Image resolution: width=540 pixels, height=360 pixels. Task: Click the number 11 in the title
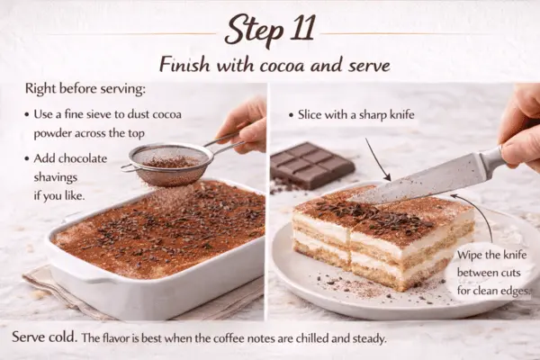click(x=297, y=31)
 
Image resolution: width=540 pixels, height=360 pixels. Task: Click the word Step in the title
click(x=251, y=31)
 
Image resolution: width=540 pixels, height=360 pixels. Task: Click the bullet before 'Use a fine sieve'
click(x=31, y=116)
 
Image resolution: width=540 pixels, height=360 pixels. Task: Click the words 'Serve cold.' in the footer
click(x=48, y=340)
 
